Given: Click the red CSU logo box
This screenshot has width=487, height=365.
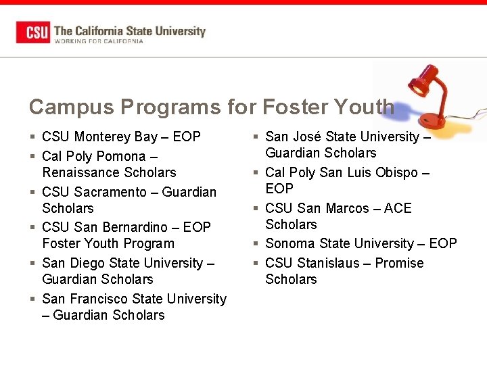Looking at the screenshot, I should coord(33,32).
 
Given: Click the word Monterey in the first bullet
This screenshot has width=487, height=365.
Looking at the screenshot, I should coord(103,137).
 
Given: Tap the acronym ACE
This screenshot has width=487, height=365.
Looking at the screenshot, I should coord(398,208).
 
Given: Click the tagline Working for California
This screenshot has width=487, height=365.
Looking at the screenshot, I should coord(99,41).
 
